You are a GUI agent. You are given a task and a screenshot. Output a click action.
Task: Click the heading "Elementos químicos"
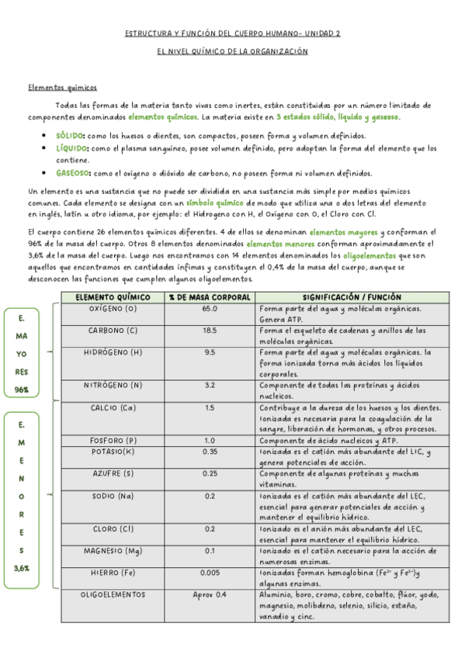[x=63, y=88]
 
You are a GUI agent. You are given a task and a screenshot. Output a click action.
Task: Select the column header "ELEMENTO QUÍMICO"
[x=113, y=296]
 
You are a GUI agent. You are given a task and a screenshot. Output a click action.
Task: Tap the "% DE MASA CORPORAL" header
[x=210, y=296]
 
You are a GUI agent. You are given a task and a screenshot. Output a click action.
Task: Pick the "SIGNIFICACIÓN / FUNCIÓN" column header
[x=352, y=296]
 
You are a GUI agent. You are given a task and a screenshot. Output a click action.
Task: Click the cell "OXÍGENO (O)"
[x=113, y=308]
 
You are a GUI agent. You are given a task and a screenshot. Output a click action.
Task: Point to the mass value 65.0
[x=210, y=308]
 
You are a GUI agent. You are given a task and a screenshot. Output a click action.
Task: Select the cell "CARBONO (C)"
[x=113, y=330]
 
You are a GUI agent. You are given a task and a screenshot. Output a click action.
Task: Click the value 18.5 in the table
[x=210, y=330]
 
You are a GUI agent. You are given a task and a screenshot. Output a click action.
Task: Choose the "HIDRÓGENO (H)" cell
[x=113, y=352]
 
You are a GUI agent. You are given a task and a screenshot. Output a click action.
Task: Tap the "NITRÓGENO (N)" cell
[x=113, y=384]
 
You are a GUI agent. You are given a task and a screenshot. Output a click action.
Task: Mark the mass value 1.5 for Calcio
[x=210, y=407]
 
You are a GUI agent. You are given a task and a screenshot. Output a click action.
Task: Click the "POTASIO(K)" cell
[x=113, y=451]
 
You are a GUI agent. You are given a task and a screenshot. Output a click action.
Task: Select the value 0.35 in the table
[x=210, y=451]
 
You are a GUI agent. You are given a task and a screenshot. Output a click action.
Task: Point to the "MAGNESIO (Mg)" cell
[x=113, y=550]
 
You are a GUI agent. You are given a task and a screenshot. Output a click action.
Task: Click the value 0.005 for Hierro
[x=210, y=572]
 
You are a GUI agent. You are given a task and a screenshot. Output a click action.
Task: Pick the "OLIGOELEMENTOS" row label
[x=113, y=594]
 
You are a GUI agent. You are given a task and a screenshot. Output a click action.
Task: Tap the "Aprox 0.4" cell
[x=210, y=594]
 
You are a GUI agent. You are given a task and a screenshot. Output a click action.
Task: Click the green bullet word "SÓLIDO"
[x=71, y=135]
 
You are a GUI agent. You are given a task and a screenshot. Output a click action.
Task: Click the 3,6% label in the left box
[x=22, y=568]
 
